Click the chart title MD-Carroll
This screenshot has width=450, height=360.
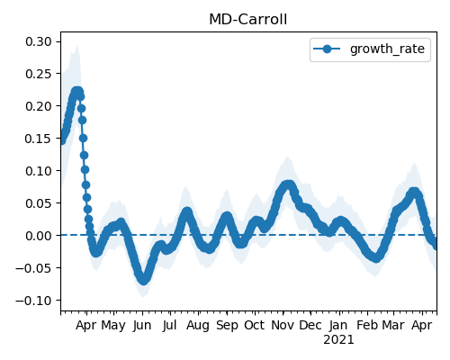point(247,20)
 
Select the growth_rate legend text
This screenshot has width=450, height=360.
point(387,49)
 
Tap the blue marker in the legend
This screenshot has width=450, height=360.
point(327,49)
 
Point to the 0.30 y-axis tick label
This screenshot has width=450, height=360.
point(39,41)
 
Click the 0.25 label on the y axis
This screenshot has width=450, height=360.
point(39,74)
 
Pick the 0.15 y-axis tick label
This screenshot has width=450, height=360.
point(39,139)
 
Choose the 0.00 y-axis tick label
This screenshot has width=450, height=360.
point(39,236)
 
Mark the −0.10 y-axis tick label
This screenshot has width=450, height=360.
point(33,301)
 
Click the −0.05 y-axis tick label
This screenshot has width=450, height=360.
point(33,268)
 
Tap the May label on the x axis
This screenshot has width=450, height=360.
point(113,326)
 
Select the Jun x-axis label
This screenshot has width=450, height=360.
point(142,326)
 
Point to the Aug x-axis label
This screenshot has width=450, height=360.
point(198,326)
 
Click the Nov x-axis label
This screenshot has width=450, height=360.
point(283,326)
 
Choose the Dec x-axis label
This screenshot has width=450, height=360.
point(310,326)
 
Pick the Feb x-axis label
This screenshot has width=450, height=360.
point(367,326)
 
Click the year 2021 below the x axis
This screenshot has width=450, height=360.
point(338,340)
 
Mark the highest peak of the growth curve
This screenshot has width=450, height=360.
point(77,91)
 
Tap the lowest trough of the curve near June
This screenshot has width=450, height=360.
point(144,280)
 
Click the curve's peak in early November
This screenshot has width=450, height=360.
point(288,184)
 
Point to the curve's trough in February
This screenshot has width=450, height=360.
point(376,257)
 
